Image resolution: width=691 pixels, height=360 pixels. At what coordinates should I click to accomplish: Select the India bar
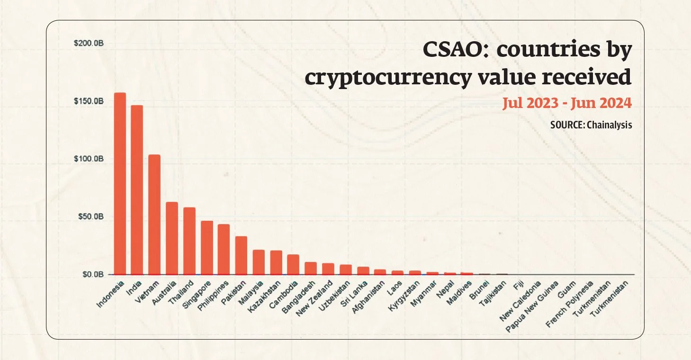pyautogui.click(x=137, y=189)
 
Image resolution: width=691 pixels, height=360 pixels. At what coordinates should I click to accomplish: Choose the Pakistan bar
pyautogui.click(x=242, y=255)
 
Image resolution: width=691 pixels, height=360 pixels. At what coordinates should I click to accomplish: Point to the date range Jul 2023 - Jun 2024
pyautogui.click(x=567, y=102)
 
